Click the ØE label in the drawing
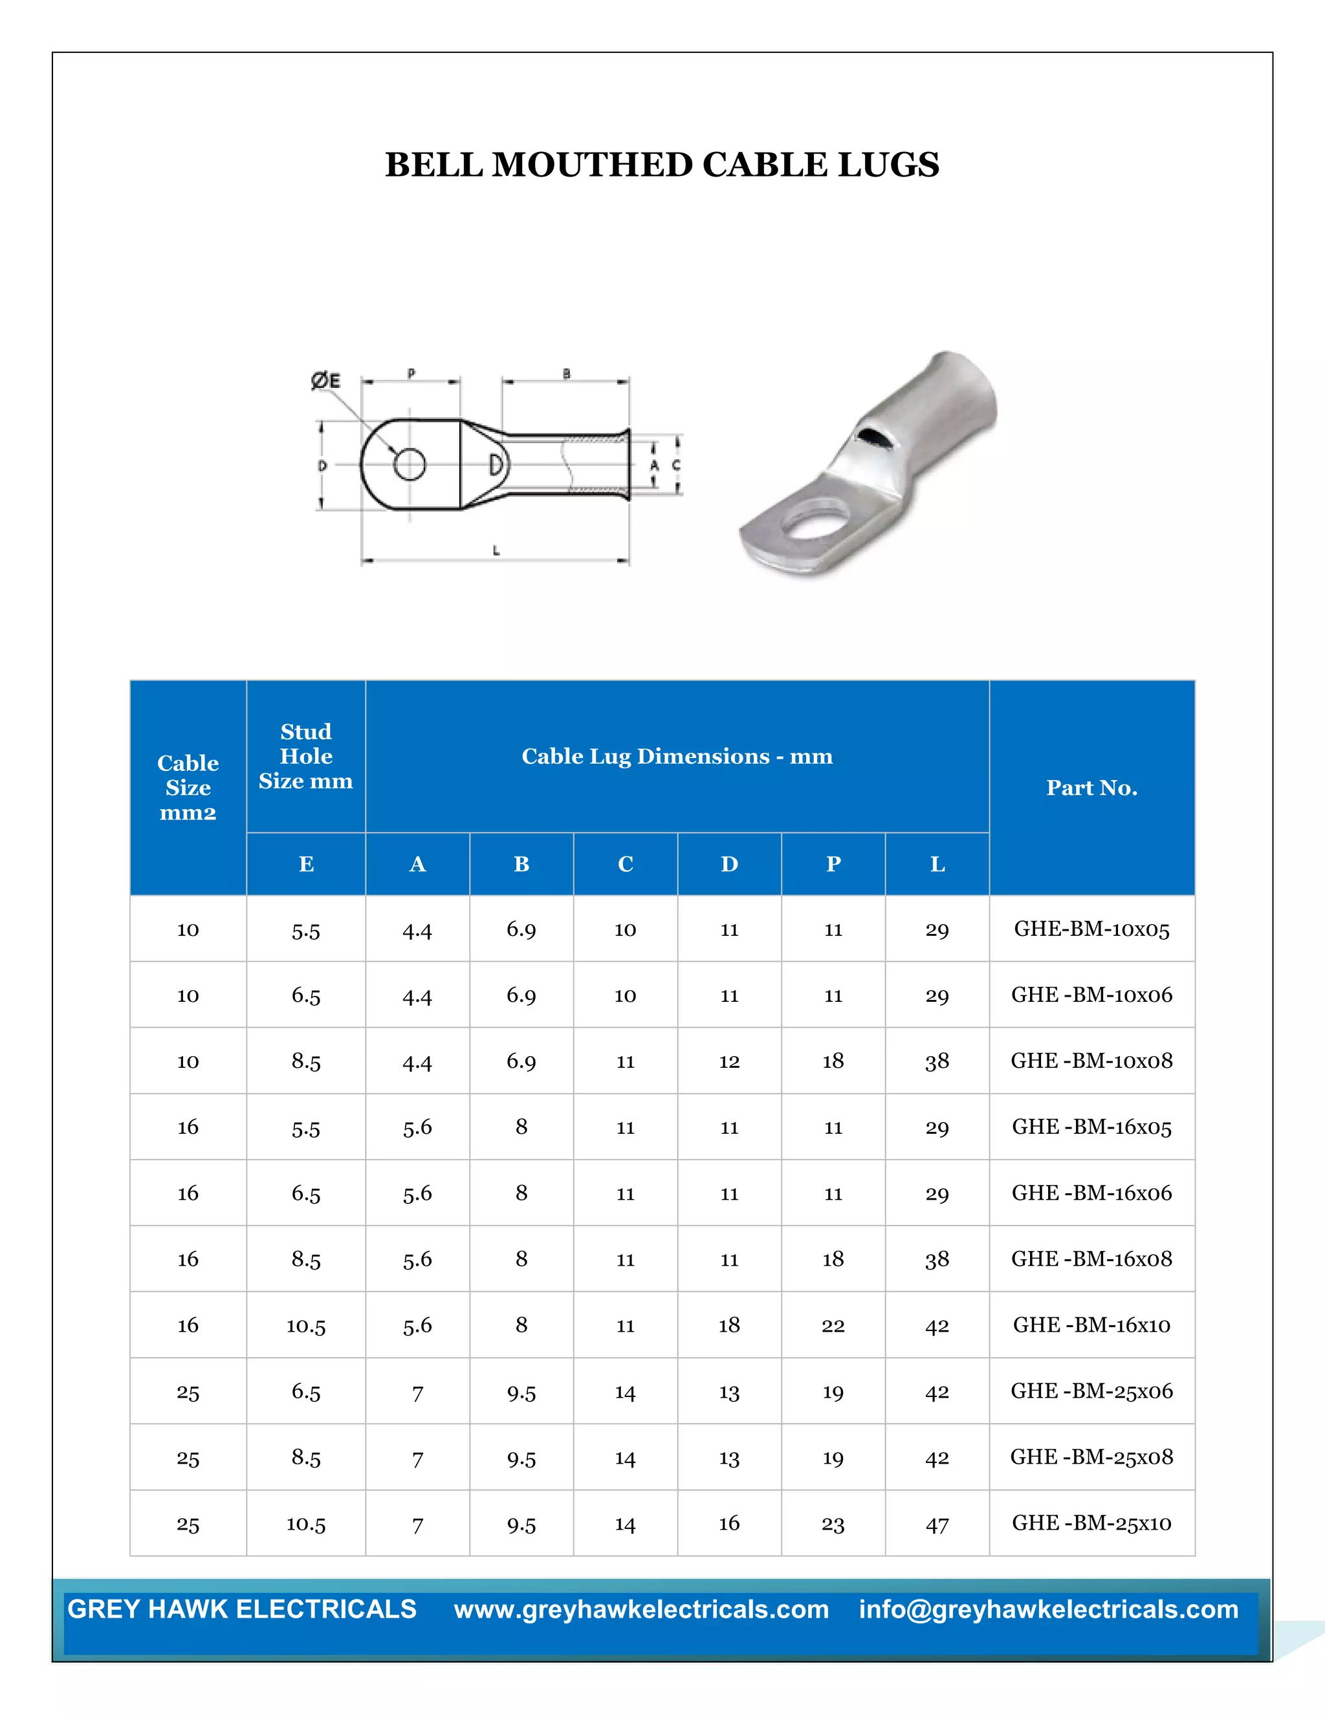pos(326,382)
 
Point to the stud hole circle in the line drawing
pos(409,464)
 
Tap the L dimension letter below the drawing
pos(496,551)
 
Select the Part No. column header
pos(1091,787)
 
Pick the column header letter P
pos(833,864)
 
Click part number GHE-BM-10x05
pos(1091,929)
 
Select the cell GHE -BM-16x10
pos(1091,1325)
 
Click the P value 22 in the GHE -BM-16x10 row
pos(833,1325)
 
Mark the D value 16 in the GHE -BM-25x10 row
pos(729,1523)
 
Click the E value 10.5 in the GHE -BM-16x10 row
pos(305,1325)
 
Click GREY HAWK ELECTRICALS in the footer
pos(242,1610)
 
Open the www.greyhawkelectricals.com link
pos(641,1610)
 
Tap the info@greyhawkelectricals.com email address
pos(1048,1610)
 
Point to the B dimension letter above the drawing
pos(566,374)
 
